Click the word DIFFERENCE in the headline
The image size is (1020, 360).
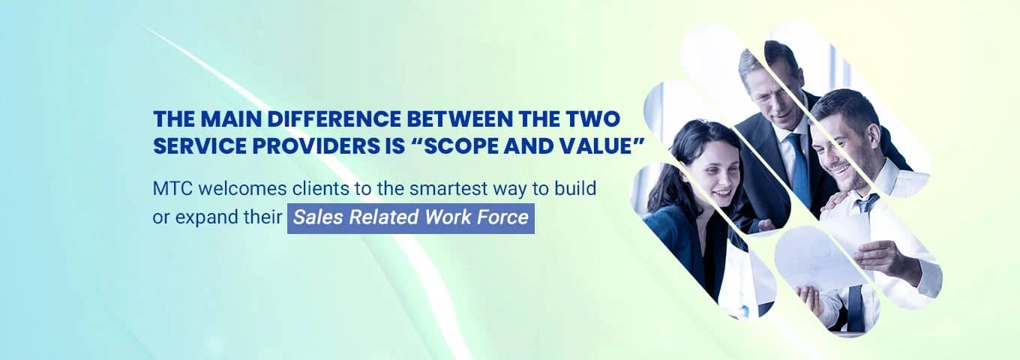tap(333, 119)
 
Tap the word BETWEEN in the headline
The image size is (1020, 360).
tap(460, 119)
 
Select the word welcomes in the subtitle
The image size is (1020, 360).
tap(243, 188)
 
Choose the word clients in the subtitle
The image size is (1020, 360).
tap(320, 188)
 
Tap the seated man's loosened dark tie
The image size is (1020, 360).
tap(866, 203)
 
